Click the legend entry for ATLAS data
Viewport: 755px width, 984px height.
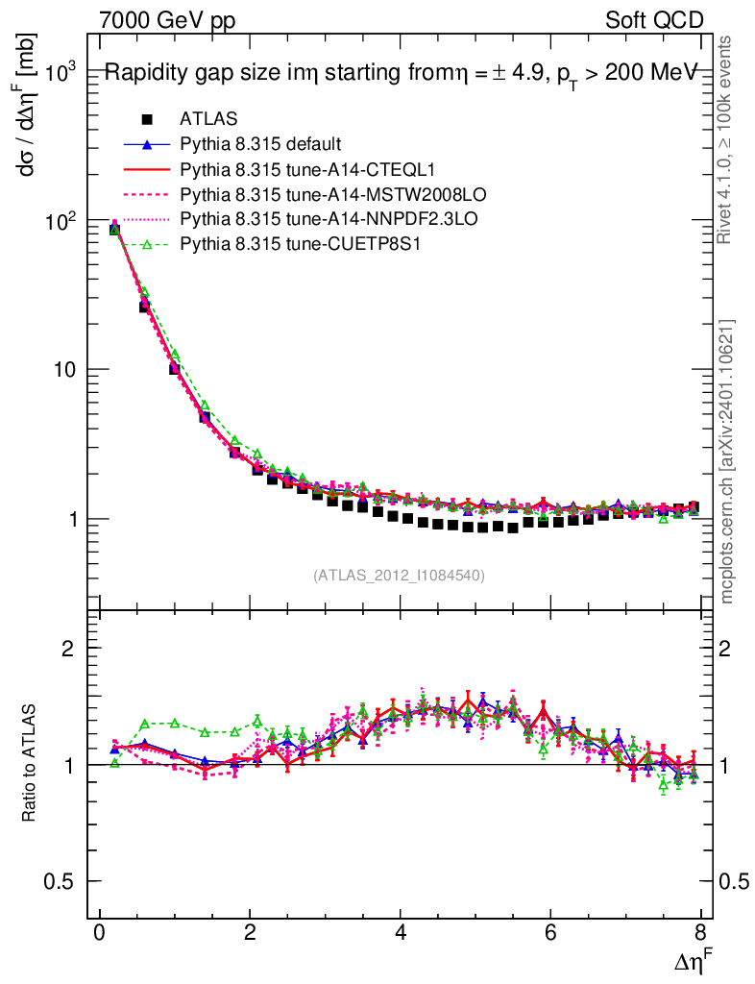click(208, 119)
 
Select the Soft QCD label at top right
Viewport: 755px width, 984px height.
click(653, 20)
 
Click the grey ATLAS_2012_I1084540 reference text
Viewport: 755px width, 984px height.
click(399, 576)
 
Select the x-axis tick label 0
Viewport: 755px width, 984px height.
click(99, 932)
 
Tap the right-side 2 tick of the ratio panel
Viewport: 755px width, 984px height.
click(735, 649)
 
